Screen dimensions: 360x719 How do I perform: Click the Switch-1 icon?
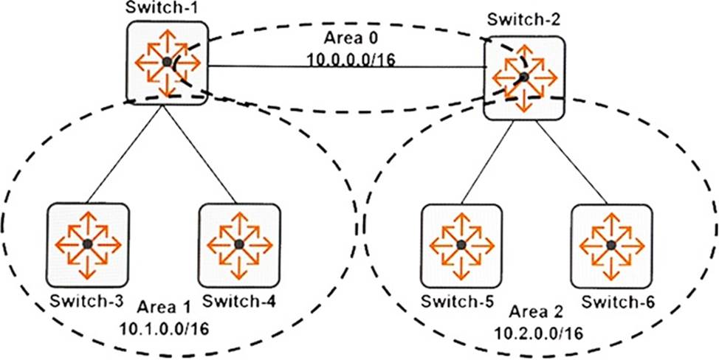(x=167, y=62)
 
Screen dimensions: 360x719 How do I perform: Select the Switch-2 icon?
(x=523, y=77)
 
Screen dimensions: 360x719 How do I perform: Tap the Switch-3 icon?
(x=87, y=243)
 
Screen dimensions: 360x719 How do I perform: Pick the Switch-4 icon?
(x=239, y=243)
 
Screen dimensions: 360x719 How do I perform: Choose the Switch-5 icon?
(x=461, y=244)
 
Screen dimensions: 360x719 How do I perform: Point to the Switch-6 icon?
(x=611, y=244)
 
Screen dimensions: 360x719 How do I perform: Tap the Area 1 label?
(x=162, y=305)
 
